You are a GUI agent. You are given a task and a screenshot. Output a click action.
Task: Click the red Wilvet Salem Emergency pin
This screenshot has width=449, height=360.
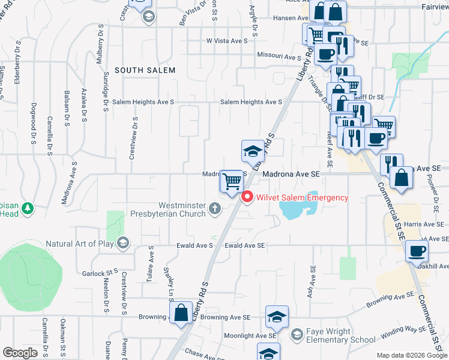246,197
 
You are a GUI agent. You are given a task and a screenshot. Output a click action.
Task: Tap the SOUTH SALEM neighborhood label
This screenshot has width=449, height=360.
145,70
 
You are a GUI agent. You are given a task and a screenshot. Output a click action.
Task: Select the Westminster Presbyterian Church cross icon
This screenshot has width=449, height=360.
215,208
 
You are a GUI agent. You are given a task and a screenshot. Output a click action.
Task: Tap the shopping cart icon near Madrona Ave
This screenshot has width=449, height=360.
232,181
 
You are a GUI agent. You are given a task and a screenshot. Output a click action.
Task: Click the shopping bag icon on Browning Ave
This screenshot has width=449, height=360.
181,312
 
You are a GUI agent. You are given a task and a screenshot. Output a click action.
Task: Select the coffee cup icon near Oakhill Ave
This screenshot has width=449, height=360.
417,251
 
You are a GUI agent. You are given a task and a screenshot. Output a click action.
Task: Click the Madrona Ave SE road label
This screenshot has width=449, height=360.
290,174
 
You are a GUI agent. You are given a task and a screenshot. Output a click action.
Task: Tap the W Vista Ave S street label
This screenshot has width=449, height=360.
227,41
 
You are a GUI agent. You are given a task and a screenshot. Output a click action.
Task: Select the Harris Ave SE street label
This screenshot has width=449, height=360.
424,224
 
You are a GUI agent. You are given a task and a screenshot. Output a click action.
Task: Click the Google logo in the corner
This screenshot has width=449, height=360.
20,353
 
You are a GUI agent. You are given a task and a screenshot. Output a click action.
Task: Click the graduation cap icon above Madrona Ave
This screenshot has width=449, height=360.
253,151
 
